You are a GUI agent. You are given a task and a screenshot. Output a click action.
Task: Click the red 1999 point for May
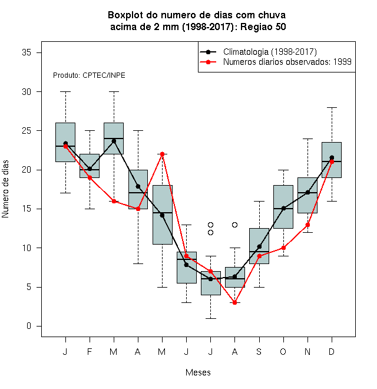tap(162, 154)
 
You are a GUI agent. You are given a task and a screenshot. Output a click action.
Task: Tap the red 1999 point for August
tap(234, 303)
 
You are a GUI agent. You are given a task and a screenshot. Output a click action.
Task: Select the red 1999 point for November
tap(307, 225)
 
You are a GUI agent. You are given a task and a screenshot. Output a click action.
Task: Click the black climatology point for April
tap(138, 187)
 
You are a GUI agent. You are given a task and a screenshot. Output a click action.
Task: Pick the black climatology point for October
tap(283, 209)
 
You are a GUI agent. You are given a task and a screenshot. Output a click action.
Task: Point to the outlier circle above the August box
tap(234, 225)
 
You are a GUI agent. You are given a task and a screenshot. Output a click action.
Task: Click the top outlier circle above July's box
tap(210, 225)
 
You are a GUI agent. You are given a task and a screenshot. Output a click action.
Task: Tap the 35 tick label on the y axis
tap(27, 52)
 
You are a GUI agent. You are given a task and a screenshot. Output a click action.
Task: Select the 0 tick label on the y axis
tap(29, 326)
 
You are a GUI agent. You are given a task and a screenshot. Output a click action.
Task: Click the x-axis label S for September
tap(259, 352)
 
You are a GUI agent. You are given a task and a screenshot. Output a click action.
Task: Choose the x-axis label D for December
tap(332, 352)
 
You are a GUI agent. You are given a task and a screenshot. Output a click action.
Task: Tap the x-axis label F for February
tap(90, 352)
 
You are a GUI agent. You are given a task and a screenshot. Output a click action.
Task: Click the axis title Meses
tap(198, 372)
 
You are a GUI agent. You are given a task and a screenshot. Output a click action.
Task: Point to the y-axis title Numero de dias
tap(5, 189)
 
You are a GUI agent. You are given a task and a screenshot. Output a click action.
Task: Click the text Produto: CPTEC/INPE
tap(89, 75)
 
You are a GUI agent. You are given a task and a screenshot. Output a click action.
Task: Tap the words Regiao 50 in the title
tap(263, 27)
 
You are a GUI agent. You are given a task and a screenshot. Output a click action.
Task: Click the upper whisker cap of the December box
tap(332, 108)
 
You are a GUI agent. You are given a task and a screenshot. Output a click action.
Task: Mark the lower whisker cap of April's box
tap(138, 263)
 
